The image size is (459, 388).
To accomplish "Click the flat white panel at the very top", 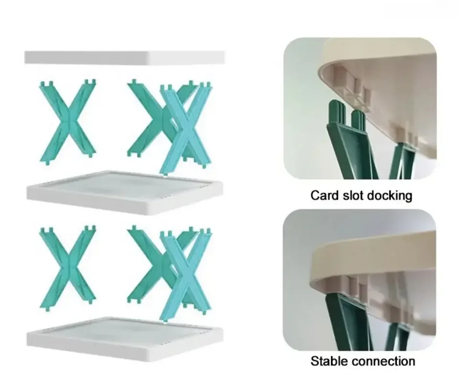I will (x=124, y=57).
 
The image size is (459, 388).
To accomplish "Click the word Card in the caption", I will (x=323, y=195).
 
